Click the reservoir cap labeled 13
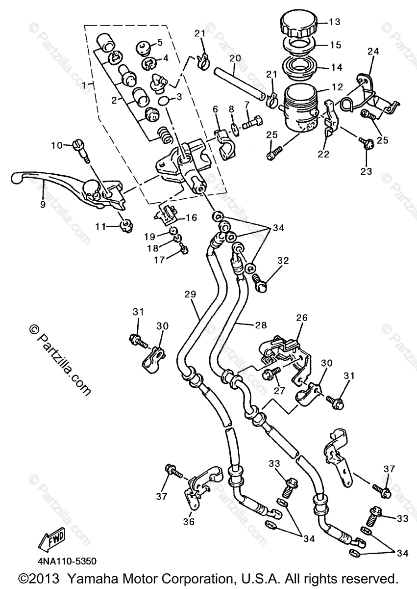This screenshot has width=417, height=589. [299, 23]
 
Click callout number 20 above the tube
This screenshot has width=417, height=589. [235, 58]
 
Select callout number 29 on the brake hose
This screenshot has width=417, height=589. [190, 294]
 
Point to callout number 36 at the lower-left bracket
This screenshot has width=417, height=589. [189, 521]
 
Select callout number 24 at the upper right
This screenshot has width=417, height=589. [373, 51]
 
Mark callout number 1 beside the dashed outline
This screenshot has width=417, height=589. [86, 84]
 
